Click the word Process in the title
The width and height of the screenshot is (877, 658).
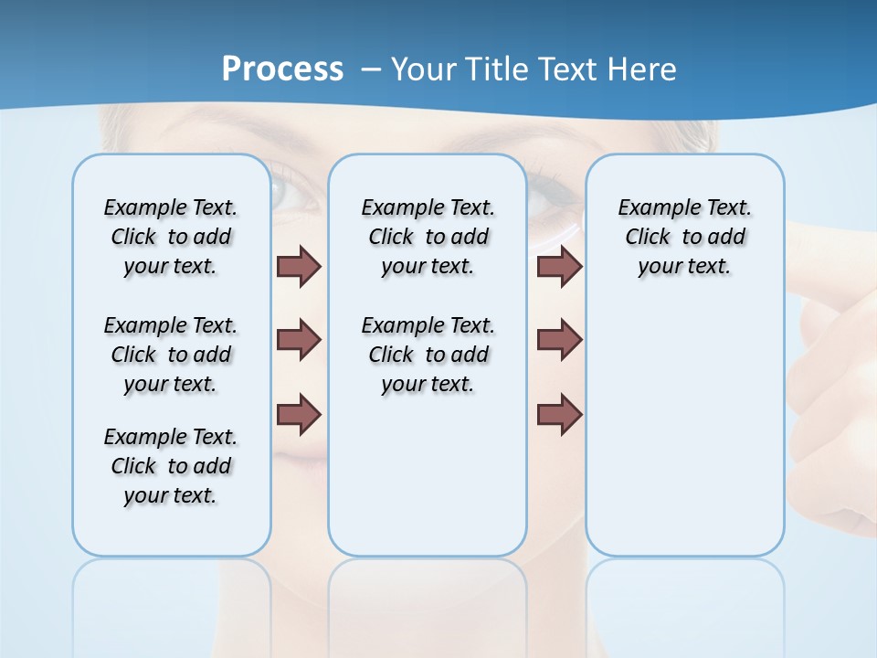pos(282,69)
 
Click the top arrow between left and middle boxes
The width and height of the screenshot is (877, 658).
pos(299,267)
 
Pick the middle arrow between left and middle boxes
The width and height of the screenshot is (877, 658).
pos(299,340)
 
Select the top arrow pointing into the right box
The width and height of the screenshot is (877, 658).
pos(559,267)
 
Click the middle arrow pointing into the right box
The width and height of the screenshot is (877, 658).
pos(559,340)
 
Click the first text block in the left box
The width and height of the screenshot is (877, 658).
pos(171,237)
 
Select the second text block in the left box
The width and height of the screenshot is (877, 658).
pos(171,355)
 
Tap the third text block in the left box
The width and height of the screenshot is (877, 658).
pos(171,466)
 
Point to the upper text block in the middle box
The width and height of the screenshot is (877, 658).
pos(428,237)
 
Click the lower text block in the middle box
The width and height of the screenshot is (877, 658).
pos(428,355)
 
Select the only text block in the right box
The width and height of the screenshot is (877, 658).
pos(684,237)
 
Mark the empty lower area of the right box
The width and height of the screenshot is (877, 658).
pos(684,430)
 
